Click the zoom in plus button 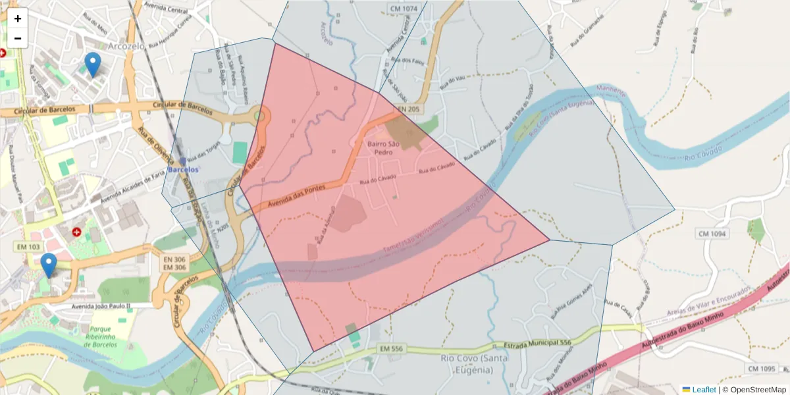[x=18, y=18]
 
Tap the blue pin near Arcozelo [x=93, y=65]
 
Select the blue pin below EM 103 [x=48, y=265]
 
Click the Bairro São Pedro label [x=384, y=147]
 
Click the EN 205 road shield [x=409, y=108]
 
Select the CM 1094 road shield [x=712, y=234]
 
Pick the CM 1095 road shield [x=762, y=369]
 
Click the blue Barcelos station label [x=183, y=169]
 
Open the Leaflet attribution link [x=704, y=389]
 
